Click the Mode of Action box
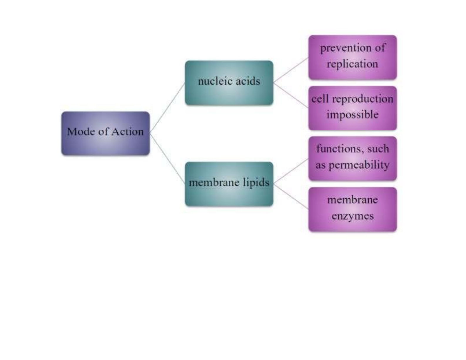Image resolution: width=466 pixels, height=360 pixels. click(x=106, y=133)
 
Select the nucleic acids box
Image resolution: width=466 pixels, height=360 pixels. click(x=229, y=83)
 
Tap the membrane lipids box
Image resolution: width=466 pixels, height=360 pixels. click(x=229, y=184)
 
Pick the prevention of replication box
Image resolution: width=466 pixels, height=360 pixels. click(x=353, y=57)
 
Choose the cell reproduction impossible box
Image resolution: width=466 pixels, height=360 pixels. click(x=353, y=108)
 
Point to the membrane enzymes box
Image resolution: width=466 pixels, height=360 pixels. click(x=353, y=209)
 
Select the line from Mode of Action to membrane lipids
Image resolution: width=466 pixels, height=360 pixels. click(x=167, y=159)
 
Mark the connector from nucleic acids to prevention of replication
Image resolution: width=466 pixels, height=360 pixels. click(x=291, y=70)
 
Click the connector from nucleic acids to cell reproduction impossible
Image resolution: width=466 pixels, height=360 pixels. click(x=291, y=95)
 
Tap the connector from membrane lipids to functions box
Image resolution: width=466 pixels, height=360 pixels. click(x=291, y=171)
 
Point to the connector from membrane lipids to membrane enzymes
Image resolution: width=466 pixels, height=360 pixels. click(x=291, y=197)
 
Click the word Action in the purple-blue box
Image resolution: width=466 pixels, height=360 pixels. click(x=127, y=131)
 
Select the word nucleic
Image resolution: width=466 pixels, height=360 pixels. click(x=214, y=81)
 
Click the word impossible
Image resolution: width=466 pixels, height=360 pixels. click(x=352, y=115)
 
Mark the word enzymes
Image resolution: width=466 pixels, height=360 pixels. click(x=353, y=216)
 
